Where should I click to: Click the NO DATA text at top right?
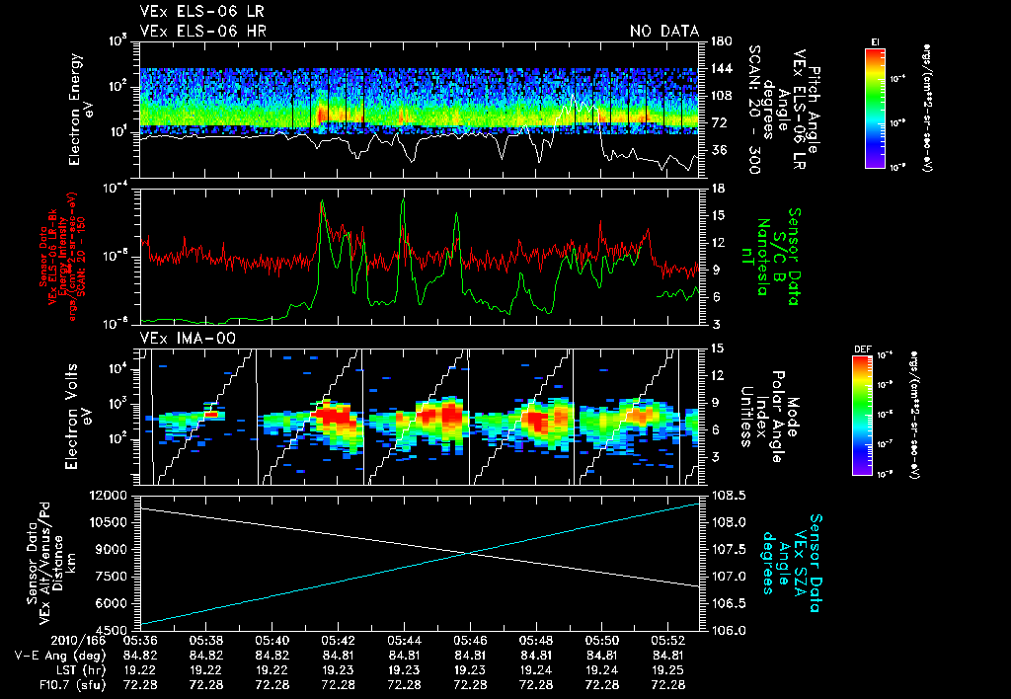pyautogui.click(x=664, y=32)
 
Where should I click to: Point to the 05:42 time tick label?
pyautogui.click(x=338, y=640)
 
